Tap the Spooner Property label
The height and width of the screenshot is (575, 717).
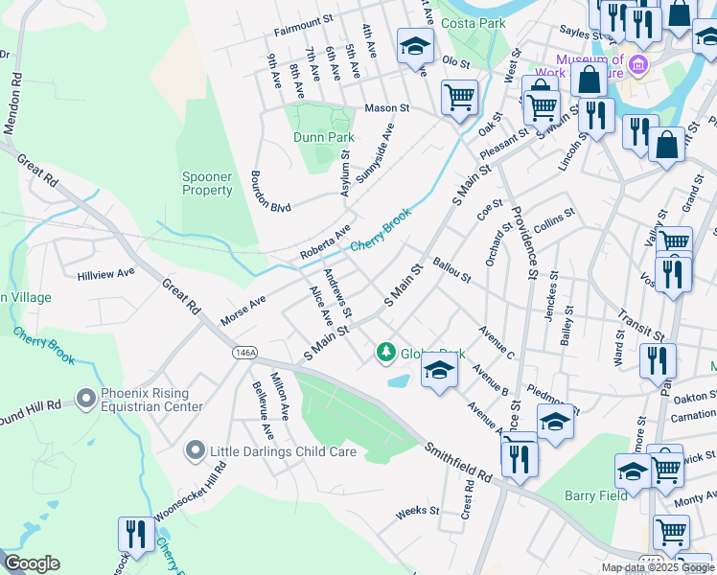(207, 183)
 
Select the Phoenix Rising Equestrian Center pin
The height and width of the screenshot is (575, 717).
(86, 397)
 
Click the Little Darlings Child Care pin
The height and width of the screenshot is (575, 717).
(197, 449)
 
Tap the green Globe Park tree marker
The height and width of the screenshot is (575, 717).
(386, 353)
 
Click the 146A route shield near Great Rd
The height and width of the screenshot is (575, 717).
(244, 353)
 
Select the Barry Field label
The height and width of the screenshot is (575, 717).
(595, 495)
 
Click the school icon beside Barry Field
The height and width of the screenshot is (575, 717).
(633, 471)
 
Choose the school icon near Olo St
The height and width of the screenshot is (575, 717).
(415, 45)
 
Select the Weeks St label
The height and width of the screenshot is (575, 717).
(417, 512)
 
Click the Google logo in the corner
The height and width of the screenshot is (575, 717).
(31, 563)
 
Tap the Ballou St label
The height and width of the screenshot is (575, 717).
(451, 270)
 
